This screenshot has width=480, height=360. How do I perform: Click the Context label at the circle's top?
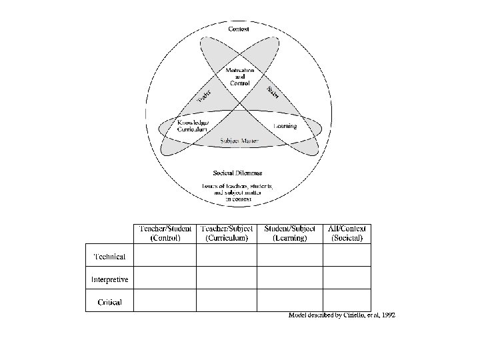coord(239,29)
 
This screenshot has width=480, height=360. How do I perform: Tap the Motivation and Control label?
coord(239,77)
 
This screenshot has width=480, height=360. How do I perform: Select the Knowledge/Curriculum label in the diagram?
coord(193,127)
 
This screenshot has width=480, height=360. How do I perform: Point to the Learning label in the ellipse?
coord(285,126)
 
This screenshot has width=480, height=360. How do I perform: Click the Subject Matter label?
coord(239,141)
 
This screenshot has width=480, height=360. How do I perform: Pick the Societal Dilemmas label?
coord(238,173)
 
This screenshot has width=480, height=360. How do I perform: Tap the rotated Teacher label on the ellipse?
coord(204,97)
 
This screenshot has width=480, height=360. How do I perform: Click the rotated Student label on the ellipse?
coord(273,93)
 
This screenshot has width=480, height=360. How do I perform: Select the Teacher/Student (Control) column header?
coord(165,233)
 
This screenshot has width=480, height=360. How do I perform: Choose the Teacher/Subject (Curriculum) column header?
coord(227,233)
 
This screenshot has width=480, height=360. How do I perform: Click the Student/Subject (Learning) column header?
coord(290,233)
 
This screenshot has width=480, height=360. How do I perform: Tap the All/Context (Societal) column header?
coord(347,233)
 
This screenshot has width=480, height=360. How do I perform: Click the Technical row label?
coord(109,257)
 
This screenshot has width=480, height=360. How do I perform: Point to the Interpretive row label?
coord(109,279)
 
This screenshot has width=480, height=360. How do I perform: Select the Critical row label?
coord(109,302)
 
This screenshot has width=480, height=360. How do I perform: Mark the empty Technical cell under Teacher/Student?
coord(165,256)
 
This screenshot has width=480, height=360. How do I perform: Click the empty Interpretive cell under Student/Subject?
coord(290,278)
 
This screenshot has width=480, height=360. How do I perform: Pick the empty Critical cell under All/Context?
coord(347,300)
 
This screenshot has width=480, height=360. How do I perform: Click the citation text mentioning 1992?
coord(341,315)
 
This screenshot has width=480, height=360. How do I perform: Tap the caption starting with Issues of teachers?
coord(238,191)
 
